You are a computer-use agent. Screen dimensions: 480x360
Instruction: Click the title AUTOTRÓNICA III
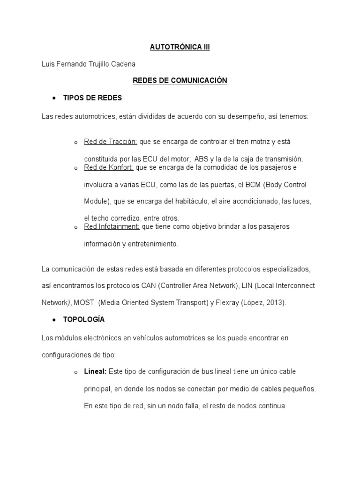(x=180, y=47)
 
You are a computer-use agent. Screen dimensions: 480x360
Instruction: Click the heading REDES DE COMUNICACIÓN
(x=180, y=81)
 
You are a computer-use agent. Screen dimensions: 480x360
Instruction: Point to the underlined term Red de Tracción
(x=111, y=142)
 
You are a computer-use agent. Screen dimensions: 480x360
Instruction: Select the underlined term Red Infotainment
(x=112, y=227)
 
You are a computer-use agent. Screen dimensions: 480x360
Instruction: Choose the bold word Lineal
(x=95, y=372)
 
